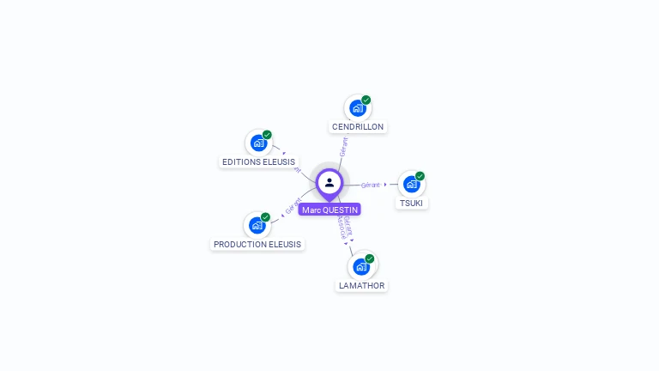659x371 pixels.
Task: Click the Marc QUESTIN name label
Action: click(329, 210)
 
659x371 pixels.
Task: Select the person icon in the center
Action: click(329, 182)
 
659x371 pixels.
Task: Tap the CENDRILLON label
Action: click(358, 127)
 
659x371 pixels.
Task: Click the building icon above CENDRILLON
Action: click(357, 109)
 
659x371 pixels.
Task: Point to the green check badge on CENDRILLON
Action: click(366, 100)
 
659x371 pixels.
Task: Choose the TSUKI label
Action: click(411, 203)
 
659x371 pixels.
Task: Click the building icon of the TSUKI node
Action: click(411, 185)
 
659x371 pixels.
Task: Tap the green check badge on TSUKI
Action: click(420, 175)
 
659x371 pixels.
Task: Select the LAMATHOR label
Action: click(362, 285)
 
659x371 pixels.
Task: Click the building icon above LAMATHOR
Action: click(361, 267)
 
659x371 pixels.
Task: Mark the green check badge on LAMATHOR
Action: click(370, 258)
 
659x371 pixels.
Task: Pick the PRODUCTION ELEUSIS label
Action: click(257, 244)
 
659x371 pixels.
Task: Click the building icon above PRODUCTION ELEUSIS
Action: click(257, 226)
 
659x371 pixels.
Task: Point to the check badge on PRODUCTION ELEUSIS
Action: click(266, 217)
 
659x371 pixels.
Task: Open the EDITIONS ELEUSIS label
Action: click(258, 161)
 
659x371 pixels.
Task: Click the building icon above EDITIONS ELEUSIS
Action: click(257, 143)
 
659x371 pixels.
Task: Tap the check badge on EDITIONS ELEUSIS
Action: click(267, 135)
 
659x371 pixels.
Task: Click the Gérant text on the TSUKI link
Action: click(371, 185)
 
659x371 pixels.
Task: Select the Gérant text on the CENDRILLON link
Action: click(343, 146)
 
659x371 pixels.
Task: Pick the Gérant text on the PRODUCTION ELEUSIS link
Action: click(293, 206)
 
